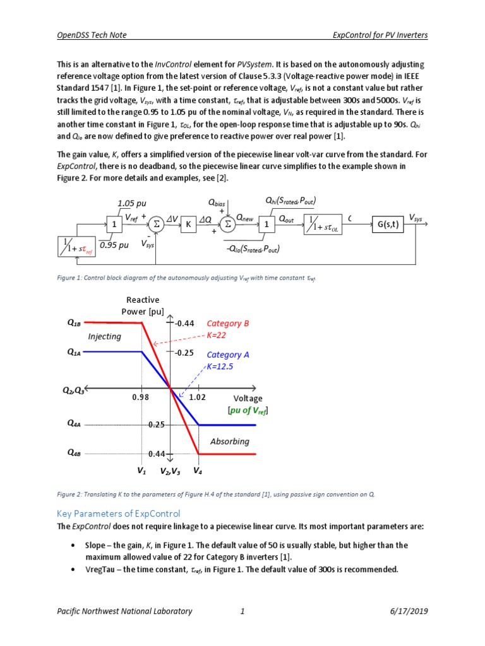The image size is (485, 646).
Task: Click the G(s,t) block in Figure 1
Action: pos(388,225)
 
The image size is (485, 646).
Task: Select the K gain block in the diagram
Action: pos(188,225)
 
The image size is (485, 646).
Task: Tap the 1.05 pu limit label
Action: pos(131,203)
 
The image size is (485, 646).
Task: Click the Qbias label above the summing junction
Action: pos(217,203)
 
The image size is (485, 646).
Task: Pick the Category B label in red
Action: pos(228,324)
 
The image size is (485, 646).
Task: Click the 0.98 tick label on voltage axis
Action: pos(141,398)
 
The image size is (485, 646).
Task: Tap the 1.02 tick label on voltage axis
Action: pos(199,398)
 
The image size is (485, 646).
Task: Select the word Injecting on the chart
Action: pos(104,336)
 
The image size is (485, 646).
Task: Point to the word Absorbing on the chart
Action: pos(230,441)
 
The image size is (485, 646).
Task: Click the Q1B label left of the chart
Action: pos(74,323)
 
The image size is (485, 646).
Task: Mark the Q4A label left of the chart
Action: pos(74,425)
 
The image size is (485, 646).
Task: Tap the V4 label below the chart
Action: pos(198,471)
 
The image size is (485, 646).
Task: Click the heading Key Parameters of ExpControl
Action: pos(119,513)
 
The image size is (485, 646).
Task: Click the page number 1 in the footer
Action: pos(242,611)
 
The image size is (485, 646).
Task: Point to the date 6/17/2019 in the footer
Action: pos(406,611)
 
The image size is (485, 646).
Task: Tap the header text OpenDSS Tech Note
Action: pos(93,35)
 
